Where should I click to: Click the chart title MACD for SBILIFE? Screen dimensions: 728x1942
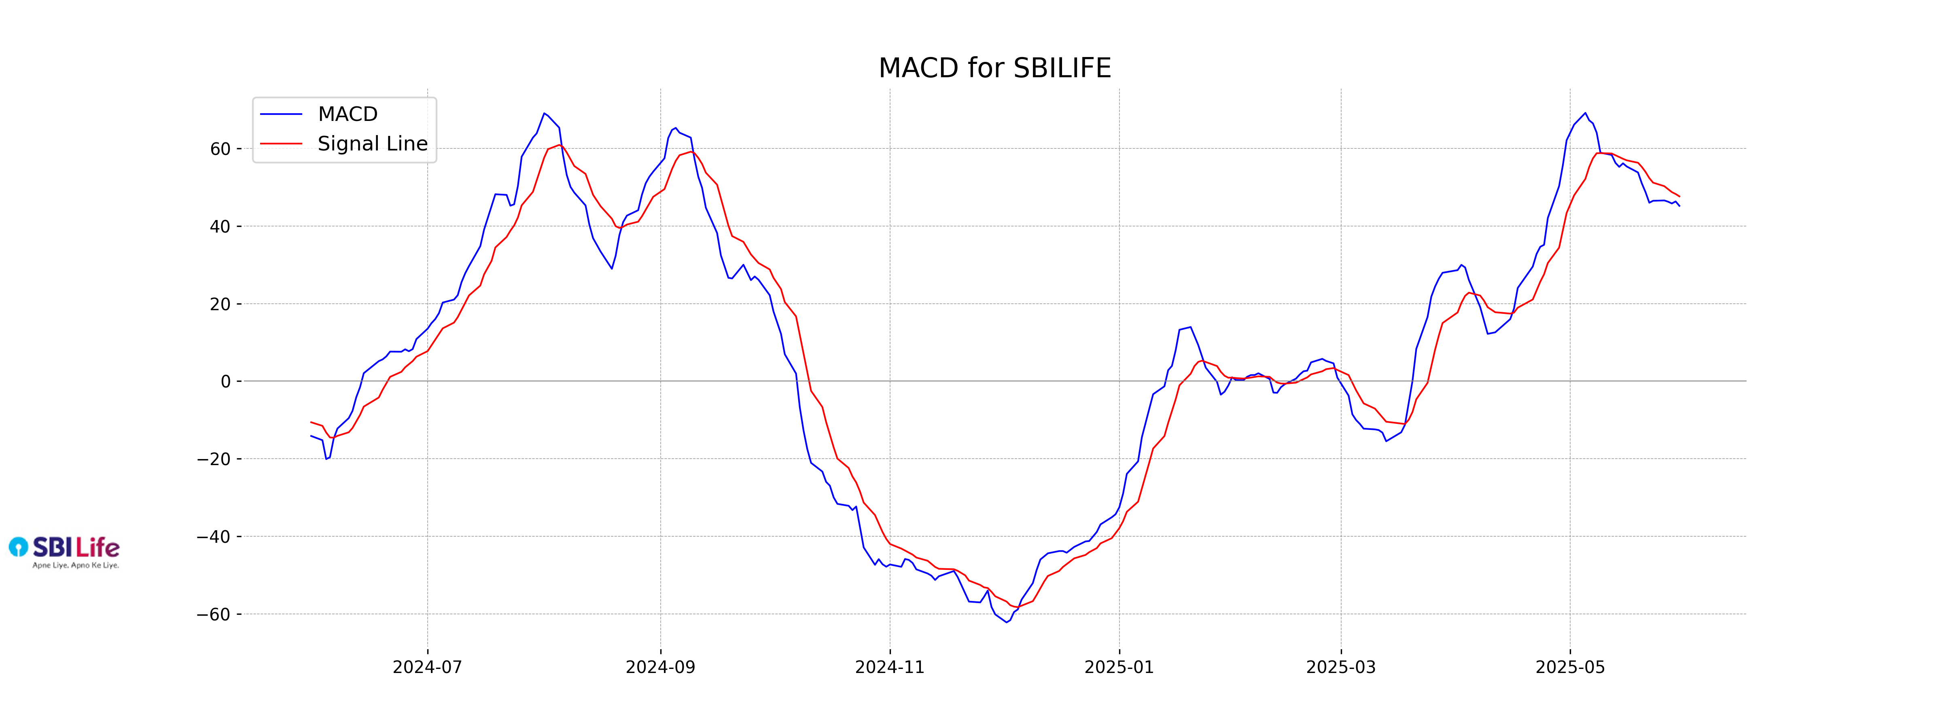click(x=994, y=68)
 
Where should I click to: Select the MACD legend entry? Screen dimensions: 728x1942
click(x=347, y=114)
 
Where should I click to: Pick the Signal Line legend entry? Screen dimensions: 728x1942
click(x=372, y=143)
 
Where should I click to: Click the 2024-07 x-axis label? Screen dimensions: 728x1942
click(x=428, y=667)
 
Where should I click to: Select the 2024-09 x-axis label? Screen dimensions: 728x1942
click(x=660, y=667)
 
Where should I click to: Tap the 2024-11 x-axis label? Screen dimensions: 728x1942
click(x=890, y=667)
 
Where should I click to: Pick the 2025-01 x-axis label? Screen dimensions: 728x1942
click(x=1119, y=667)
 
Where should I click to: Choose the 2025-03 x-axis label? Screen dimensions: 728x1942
click(x=1340, y=667)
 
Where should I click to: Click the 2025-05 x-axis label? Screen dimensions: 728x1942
click(x=1570, y=667)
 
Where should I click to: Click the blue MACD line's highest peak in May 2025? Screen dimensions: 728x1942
click(x=1585, y=113)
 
